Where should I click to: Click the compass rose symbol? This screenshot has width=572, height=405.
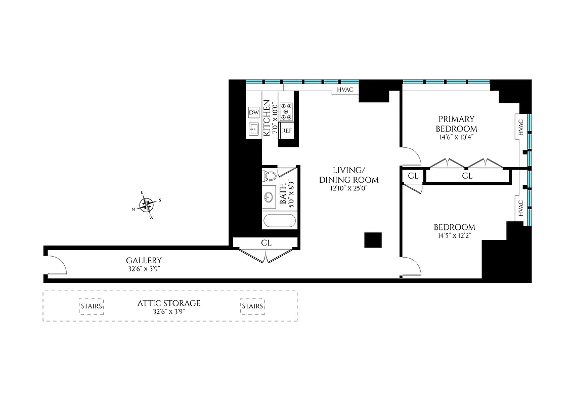click(x=147, y=205)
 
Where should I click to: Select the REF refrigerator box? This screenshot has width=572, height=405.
click(x=287, y=130)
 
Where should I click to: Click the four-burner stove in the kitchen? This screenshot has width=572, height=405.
click(x=287, y=111)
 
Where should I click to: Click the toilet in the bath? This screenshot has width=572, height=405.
click(x=270, y=176)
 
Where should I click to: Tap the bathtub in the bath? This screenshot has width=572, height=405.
click(x=280, y=221)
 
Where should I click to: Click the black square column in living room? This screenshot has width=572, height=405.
click(x=373, y=240)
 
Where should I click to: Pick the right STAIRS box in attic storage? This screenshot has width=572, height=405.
click(x=252, y=306)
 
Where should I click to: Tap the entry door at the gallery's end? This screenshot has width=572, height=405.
click(x=57, y=266)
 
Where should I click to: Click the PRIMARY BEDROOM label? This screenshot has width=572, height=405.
click(x=457, y=123)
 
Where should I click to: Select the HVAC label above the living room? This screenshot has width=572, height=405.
click(x=345, y=91)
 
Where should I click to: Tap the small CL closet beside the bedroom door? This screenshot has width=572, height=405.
click(x=413, y=176)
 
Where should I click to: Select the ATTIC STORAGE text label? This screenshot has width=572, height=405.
click(x=169, y=303)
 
